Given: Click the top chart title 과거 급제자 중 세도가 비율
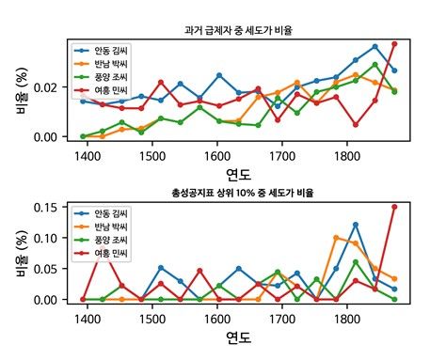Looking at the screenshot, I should (239, 31).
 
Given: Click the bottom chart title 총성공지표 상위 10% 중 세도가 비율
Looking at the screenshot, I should (239, 192).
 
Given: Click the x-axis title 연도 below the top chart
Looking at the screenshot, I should (239, 173).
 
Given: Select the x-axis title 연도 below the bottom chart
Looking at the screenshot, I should (239, 336).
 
